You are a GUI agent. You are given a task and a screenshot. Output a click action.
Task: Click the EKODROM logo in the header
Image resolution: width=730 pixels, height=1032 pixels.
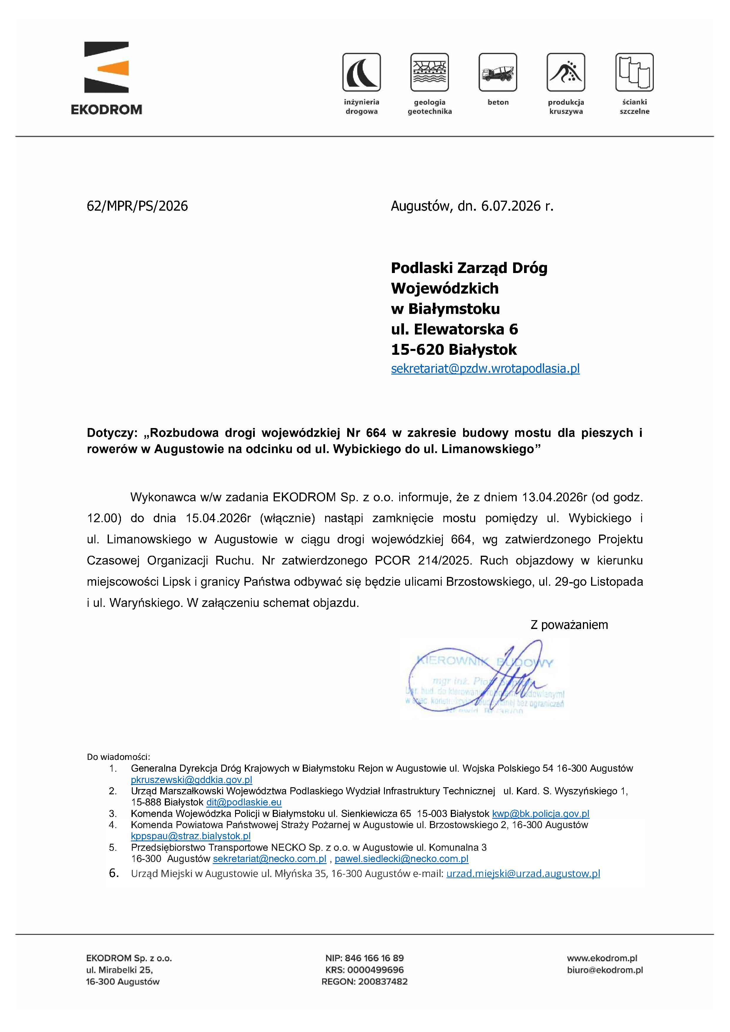tap(107, 78)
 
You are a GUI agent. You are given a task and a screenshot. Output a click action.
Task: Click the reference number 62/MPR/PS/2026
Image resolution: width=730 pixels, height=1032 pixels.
tap(137, 206)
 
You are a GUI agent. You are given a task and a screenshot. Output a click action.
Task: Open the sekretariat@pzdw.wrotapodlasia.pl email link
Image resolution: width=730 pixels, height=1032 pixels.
tap(485, 369)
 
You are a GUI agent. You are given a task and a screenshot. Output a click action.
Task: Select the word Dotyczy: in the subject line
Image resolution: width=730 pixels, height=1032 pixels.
tap(112, 433)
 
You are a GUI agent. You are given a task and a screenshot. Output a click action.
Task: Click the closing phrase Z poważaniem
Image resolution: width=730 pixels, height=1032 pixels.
tap(569, 625)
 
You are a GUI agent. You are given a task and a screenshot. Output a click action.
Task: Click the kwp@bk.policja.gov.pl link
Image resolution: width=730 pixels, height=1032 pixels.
tap(540, 813)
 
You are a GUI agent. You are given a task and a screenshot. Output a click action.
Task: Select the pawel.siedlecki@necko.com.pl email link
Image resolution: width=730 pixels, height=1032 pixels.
tap(401, 858)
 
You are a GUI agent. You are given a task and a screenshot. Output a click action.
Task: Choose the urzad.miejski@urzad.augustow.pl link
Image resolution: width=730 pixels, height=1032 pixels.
tap(523, 873)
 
